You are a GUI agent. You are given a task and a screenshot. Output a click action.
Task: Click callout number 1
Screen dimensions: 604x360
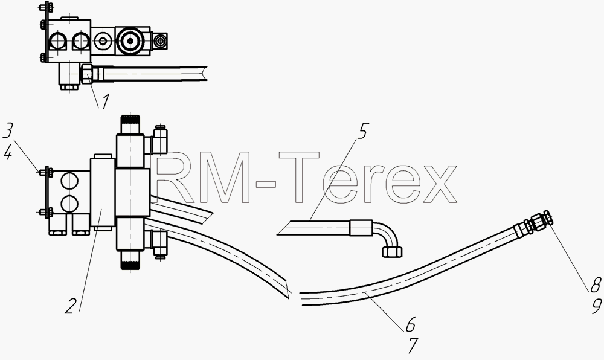tap(104, 101)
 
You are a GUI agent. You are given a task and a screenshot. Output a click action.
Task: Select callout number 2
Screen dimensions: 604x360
tap(71, 306)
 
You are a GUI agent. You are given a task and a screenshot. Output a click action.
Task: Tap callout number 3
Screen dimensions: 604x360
tap(8, 131)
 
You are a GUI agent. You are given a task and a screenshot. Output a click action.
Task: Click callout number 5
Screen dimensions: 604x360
tap(362, 131)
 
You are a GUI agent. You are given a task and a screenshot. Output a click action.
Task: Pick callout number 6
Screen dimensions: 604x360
tap(411, 324)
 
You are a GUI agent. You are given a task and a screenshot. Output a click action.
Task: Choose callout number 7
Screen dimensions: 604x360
tap(412, 346)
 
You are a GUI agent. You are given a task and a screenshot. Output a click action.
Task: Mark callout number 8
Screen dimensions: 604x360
tap(595, 285)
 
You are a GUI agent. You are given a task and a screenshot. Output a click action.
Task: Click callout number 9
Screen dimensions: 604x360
tap(596, 306)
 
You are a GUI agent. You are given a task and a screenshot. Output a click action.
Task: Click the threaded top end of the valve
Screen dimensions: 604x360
tap(130, 124)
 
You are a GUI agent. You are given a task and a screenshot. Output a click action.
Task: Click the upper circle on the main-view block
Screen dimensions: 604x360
tap(69, 181)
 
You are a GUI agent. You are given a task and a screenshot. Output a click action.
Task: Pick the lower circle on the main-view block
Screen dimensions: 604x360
tap(69, 203)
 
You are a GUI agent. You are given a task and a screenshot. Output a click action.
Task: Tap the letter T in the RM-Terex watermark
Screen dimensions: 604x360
tap(299, 177)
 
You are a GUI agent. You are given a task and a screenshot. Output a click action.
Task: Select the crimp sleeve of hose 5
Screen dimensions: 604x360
tap(361, 228)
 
